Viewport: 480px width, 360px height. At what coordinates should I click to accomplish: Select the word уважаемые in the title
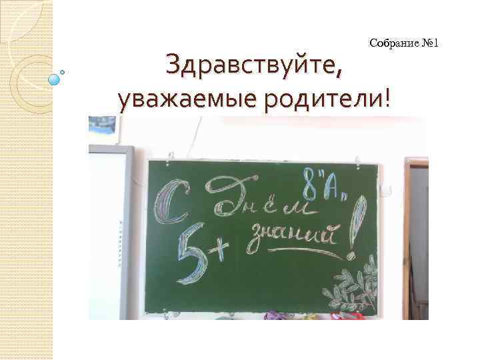[171, 100]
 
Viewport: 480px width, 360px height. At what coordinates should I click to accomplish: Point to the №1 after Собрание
[430, 44]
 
